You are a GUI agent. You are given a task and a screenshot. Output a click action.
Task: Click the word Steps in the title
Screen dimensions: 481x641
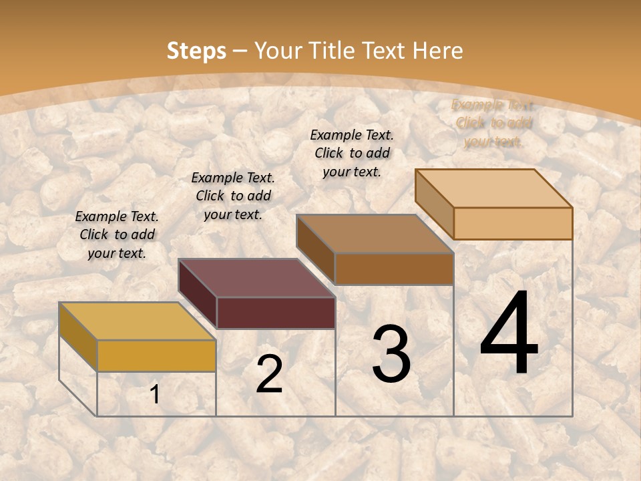[x=196, y=51]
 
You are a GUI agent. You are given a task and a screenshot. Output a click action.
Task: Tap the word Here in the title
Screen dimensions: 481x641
[x=437, y=51]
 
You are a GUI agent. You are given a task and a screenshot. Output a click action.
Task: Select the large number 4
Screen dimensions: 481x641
[x=509, y=334]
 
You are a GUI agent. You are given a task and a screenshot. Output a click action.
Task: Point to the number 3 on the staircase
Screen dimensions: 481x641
[x=391, y=354]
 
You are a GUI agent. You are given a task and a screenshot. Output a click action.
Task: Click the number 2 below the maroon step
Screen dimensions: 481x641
[x=269, y=374]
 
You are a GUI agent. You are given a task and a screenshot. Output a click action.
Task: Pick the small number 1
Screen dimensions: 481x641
[x=155, y=395]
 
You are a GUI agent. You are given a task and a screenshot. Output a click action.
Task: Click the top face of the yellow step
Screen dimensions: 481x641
[x=137, y=321]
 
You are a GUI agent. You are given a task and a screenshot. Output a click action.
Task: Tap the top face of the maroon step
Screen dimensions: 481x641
[x=256, y=278]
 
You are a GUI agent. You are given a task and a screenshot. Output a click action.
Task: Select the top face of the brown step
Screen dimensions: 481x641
[x=375, y=234]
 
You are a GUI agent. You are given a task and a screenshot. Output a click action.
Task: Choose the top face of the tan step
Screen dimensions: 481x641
[x=493, y=188]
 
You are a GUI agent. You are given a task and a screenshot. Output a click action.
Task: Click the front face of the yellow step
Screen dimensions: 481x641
[x=156, y=355]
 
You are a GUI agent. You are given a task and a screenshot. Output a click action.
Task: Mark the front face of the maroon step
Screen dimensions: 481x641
[x=276, y=313]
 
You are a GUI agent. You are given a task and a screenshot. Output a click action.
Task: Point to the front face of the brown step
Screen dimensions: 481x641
[x=394, y=269]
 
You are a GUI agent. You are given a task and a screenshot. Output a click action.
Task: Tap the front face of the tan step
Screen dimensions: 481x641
[x=513, y=223]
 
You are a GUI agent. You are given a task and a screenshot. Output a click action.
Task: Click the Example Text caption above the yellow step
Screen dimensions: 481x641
[x=117, y=234]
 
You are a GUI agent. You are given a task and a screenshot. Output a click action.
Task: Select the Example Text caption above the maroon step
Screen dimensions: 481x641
[x=233, y=196]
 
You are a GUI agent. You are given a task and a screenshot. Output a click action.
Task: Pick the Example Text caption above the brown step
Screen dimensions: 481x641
[x=352, y=153]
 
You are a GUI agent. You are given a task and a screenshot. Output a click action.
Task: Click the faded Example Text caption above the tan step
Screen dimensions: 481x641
[x=493, y=123]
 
